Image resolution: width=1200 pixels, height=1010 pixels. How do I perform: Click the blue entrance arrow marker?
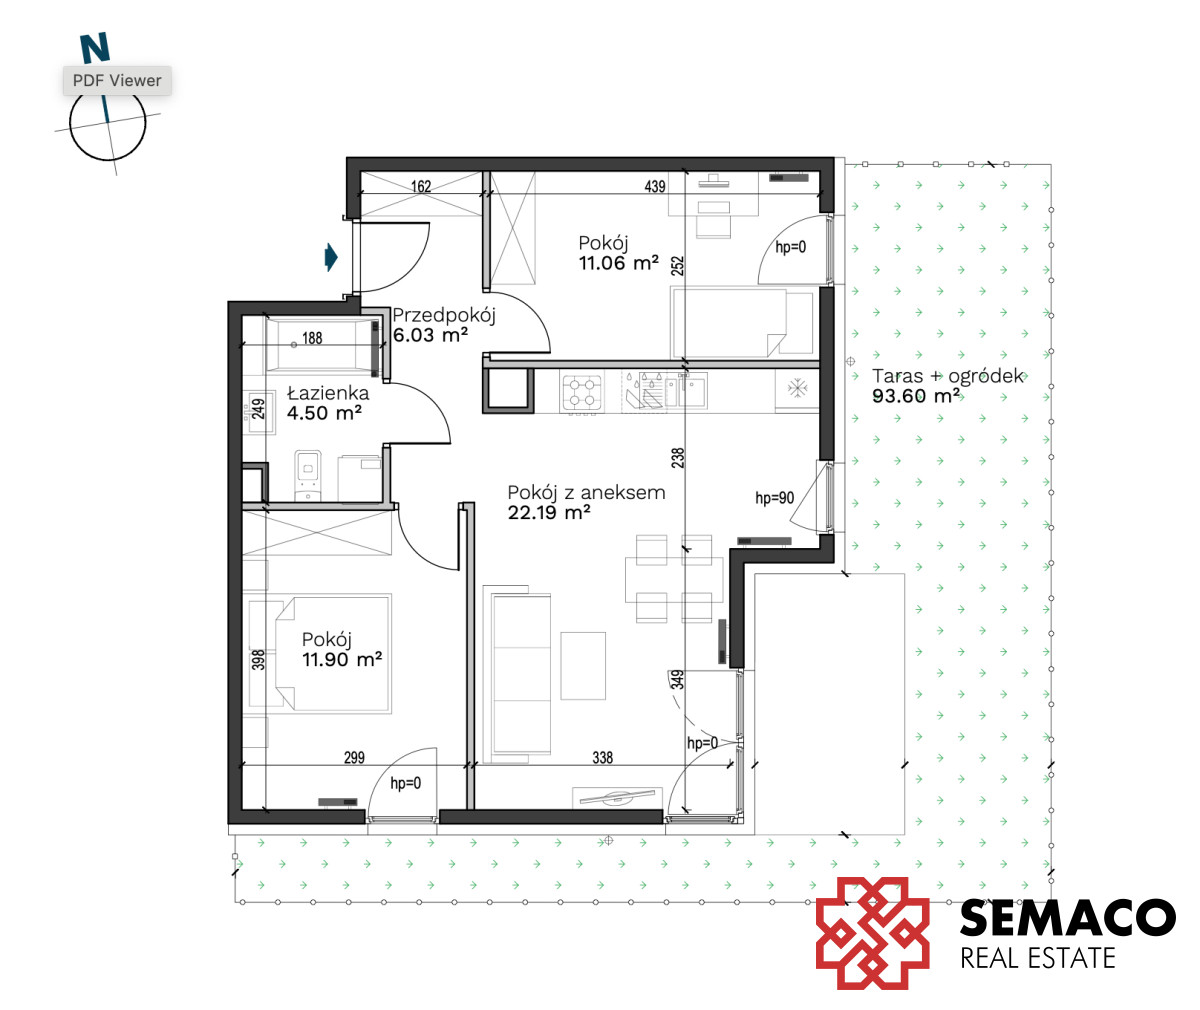(x=330, y=257)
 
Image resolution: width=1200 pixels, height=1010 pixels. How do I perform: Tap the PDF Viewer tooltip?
(x=117, y=80)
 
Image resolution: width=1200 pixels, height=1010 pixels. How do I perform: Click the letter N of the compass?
(x=95, y=48)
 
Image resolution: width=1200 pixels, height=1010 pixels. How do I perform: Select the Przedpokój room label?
(x=444, y=315)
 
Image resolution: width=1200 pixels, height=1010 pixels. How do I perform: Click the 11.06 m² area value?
(x=618, y=263)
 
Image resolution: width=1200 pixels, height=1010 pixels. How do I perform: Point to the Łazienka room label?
(x=328, y=393)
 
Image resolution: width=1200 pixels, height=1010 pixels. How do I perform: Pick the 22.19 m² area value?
(x=549, y=512)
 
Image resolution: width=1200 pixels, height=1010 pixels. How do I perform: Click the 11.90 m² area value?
(x=342, y=659)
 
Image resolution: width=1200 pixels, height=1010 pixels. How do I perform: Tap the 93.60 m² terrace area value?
(x=916, y=396)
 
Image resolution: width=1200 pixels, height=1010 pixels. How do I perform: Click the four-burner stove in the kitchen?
(x=582, y=392)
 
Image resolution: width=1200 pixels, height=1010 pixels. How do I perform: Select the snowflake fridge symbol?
(x=797, y=388)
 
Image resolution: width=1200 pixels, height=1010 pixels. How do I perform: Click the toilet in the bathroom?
(x=308, y=475)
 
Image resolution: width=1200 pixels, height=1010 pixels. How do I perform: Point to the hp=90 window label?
(x=774, y=498)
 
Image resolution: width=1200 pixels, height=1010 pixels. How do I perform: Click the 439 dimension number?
(x=655, y=186)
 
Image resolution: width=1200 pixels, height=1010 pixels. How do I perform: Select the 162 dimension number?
(x=421, y=186)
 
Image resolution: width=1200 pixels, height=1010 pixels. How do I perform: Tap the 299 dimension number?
(x=354, y=758)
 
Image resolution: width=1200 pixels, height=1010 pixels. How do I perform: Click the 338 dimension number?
(x=602, y=758)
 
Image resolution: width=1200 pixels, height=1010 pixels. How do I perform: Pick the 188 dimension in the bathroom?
(x=312, y=338)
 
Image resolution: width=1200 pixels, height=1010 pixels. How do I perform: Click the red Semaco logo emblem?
(x=872, y=933)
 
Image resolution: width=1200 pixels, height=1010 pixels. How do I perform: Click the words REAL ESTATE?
(x=1038, y=958)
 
